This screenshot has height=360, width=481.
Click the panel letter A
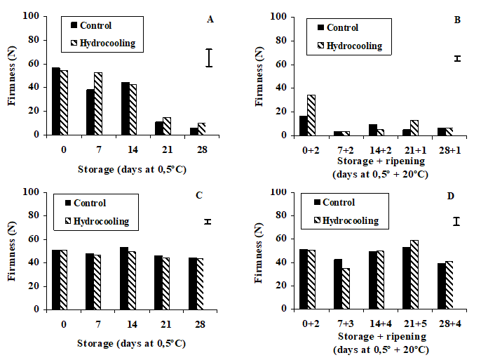tap(210, 20)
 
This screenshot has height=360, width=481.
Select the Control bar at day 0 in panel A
tap(55, 101)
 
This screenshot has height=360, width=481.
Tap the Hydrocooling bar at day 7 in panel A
tap(97, 103)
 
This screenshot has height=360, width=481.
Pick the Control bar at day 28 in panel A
tap(194, 131)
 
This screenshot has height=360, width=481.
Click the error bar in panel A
tap(208, 58)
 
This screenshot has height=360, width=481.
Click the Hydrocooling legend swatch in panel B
tap(322, 46)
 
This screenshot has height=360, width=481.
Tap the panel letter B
tap(457, 20)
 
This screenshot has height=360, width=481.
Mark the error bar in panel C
tap(208, 222)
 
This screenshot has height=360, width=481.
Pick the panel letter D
tap(457, 194)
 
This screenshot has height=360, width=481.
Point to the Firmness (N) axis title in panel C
tap(12, 250)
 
